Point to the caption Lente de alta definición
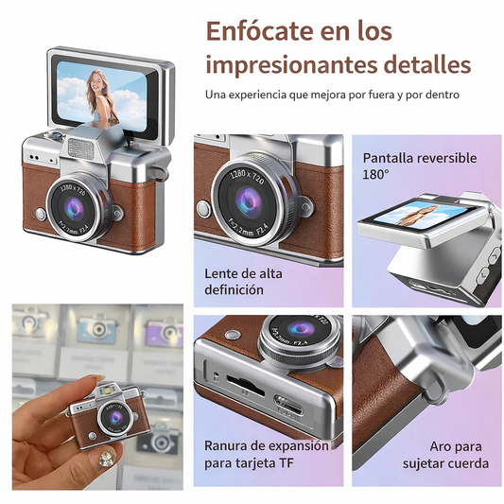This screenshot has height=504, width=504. point(243,282)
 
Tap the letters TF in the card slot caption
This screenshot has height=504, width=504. point(287,463)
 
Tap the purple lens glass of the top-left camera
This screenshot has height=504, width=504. point(75,207)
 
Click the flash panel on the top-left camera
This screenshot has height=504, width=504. point(80,148)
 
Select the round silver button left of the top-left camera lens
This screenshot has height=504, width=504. point(41,214)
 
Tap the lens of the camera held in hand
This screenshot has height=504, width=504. point(115,418)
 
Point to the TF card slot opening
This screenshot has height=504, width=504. point(245,386)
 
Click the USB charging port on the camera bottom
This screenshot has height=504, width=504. point(288,406)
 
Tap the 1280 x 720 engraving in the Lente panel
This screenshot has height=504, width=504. point(247,177)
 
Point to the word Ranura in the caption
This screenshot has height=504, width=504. point(224,446)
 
